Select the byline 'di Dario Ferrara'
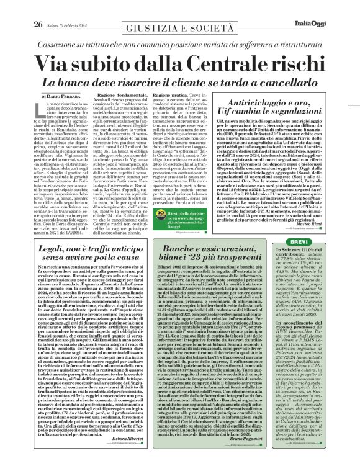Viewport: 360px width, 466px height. click(61, 97)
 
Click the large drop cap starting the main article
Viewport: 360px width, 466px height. click(41, 110)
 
